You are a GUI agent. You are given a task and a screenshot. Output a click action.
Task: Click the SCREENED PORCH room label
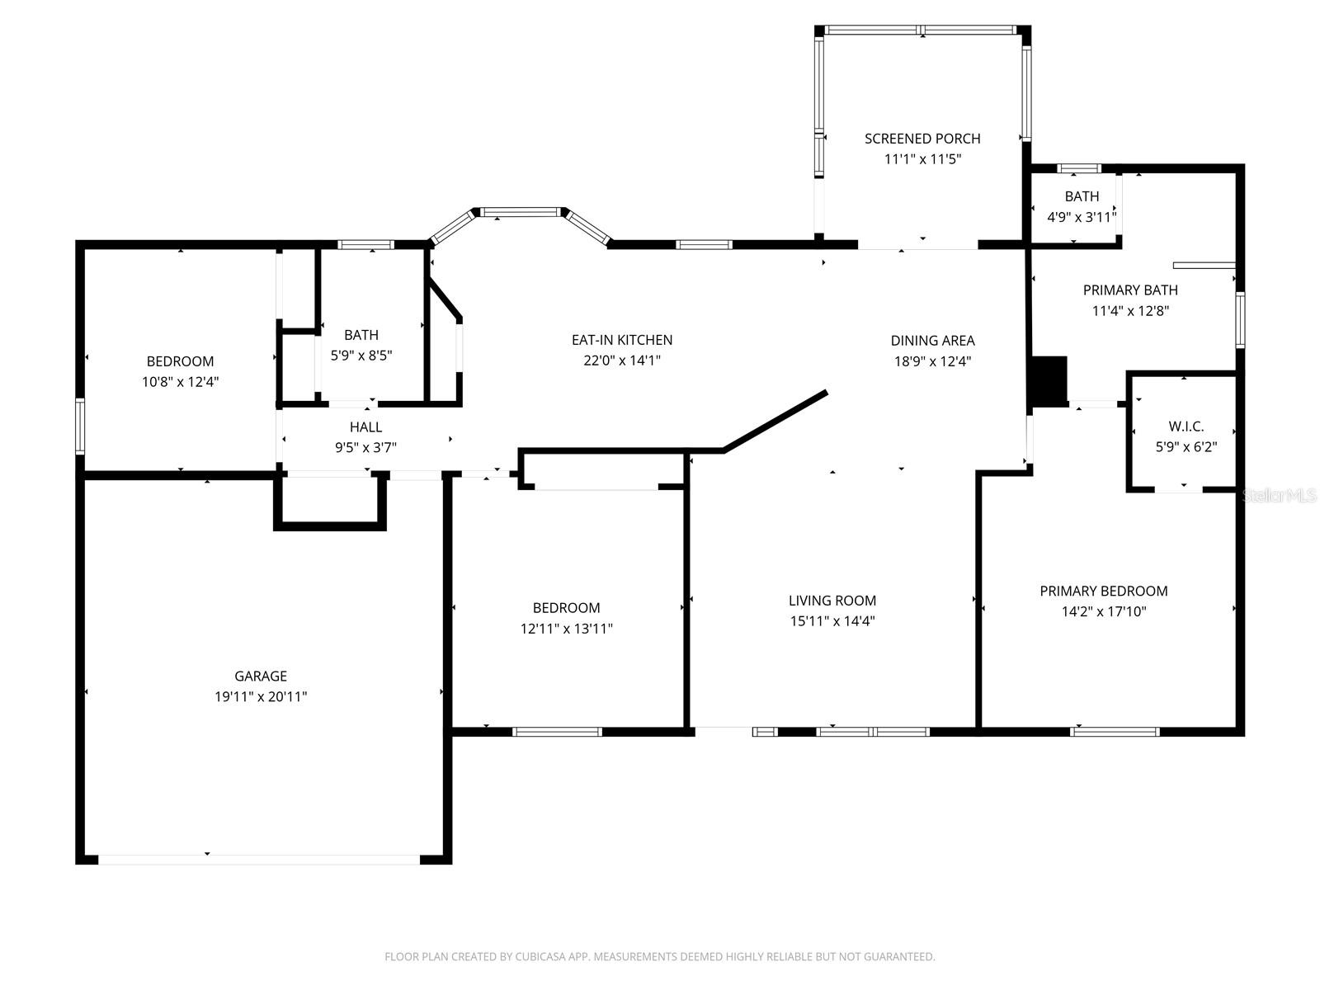[x=922, y=139]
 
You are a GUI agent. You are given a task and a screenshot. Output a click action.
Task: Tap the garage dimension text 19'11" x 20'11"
[x=261, y=696]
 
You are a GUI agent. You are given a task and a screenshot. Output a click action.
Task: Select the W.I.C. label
[x=1186, y=427]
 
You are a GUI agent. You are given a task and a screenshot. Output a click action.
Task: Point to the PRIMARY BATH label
[x=1130, y=290]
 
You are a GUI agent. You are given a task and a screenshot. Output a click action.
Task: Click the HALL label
[x=365, y=427]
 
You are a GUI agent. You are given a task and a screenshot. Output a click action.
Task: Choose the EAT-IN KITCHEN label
[x=622, y=340]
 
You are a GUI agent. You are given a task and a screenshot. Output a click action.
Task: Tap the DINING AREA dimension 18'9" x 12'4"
[x=933, y=361]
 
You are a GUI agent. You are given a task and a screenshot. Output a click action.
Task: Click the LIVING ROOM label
[x=832, y=600]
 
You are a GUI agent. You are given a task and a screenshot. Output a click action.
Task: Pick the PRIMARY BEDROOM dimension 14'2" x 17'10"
[x=1104, y=611]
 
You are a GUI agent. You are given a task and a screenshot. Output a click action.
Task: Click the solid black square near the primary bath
[x=1049, y=381]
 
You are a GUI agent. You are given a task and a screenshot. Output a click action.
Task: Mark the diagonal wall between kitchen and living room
[x=775, y=421]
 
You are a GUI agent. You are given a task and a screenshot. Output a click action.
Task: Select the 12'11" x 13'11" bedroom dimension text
[x=567, y=628]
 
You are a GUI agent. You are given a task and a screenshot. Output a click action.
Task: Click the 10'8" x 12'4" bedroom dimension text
[x=181, y=382]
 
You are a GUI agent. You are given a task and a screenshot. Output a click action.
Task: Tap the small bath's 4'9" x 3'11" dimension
[x=1082, y=217]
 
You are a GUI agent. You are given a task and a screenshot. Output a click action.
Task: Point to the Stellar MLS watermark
[x=1279, y=495]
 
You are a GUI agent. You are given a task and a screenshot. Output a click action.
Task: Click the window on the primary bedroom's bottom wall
[x=1115, y=732]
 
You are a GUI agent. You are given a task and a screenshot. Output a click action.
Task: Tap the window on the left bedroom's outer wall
[x=79, y=426]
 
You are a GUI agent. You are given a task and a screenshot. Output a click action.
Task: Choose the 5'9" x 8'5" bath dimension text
[x=361, y=356]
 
